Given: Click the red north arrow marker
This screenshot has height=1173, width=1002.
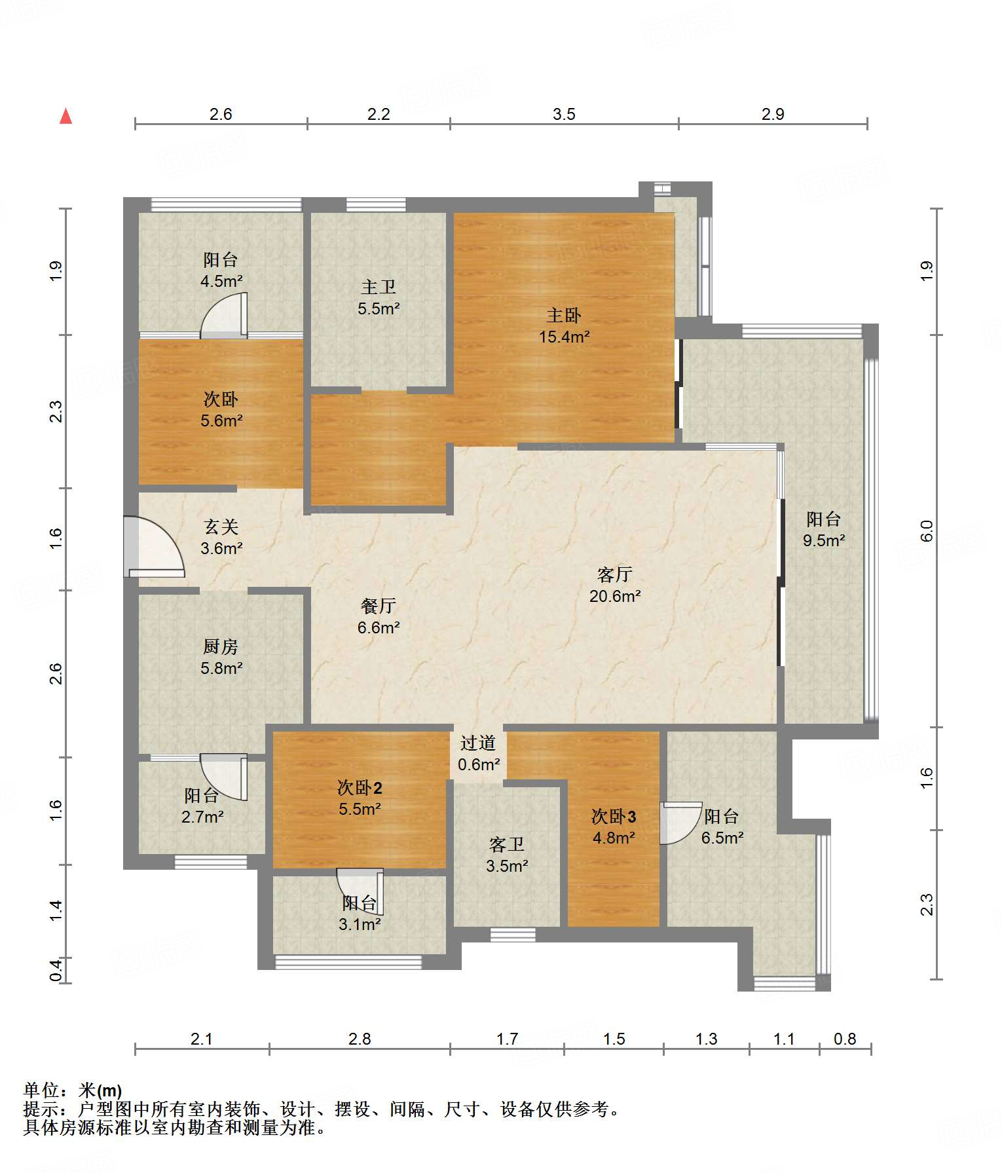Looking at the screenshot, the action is point(65,116).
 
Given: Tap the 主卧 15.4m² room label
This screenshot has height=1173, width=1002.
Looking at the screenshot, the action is point(564,326).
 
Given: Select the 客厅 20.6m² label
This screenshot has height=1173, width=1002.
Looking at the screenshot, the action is point(615,585).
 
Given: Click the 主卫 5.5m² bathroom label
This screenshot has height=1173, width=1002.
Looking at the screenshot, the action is point(379,297).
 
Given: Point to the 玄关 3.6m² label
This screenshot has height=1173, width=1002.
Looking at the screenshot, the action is point(221,538).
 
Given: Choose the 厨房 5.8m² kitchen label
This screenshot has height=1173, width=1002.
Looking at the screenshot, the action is point(221,658).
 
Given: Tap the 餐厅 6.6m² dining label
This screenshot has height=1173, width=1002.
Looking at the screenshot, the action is point(379,616).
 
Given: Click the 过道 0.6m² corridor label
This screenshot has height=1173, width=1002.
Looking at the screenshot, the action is point(479,754).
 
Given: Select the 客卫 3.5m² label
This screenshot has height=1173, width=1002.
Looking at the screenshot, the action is point(507,855).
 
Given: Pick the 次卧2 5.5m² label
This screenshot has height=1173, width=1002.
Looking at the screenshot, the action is point(360,798).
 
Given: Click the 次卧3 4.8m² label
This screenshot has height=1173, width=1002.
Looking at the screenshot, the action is point(614,827).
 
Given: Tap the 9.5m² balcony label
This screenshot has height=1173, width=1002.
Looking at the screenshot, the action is point(824,530).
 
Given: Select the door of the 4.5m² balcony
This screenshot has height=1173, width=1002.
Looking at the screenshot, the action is point(224,316).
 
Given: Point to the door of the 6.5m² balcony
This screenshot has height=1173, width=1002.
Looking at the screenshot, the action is point(680,823).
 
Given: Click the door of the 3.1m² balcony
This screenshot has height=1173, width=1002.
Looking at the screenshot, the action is point(360,891).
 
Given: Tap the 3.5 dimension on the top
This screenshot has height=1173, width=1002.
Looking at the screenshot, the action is point(564,115).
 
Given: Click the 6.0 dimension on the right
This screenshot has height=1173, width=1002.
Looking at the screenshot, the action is point(927,531).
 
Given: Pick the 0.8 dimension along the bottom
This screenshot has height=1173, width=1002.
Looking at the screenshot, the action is point(845,1039).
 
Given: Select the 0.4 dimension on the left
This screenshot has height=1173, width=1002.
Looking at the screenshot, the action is point(56,970).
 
